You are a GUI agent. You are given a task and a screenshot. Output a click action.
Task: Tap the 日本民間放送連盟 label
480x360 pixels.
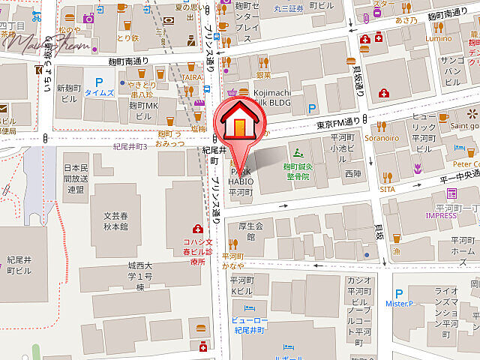76,178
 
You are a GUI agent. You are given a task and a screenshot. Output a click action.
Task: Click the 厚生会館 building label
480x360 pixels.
251,230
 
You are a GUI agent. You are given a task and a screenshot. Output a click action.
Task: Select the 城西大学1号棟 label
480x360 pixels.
139,277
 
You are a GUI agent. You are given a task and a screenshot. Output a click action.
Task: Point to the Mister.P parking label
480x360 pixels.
400,303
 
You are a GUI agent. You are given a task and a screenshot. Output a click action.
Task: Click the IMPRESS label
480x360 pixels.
440,215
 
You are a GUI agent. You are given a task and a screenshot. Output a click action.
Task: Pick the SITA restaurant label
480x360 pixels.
388,190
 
